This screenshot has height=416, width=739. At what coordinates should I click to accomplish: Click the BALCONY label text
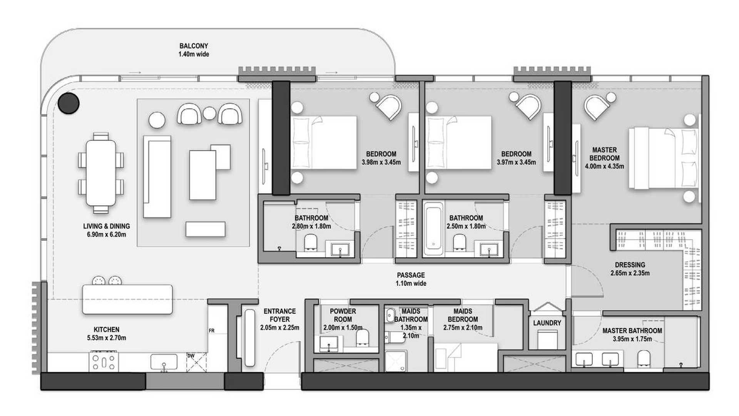coord(194,46)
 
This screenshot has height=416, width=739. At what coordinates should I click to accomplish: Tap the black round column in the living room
coord(69,103)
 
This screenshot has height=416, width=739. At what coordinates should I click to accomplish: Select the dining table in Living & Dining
coord(101,173)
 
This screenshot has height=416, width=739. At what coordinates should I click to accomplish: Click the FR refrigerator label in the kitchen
coord(211,330)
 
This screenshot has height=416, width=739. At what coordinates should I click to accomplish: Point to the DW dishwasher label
coord(191,356)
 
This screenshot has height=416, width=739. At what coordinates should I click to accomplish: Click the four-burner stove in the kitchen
coord(104,362)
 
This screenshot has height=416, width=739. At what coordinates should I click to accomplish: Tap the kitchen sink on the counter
coord(164,362)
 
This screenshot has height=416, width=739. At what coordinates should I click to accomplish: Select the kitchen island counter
coord(127,299)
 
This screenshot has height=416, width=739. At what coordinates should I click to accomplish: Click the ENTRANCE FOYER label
coord(280,315)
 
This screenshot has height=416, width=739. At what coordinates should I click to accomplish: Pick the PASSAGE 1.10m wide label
coord(411,279)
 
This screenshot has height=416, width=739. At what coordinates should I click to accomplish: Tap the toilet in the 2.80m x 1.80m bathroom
coord(310,242)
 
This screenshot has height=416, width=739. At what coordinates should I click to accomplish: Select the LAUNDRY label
coord(547,323)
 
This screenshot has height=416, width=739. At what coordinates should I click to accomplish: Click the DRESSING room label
coord(630,265)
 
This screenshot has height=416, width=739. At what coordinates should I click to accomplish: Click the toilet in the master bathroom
coord(644,359)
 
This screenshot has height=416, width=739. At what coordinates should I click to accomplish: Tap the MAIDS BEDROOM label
coord(463,315)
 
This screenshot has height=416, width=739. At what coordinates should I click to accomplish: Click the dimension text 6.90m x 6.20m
coord(106,235)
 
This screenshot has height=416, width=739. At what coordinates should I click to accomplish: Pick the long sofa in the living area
coord(157,177)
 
